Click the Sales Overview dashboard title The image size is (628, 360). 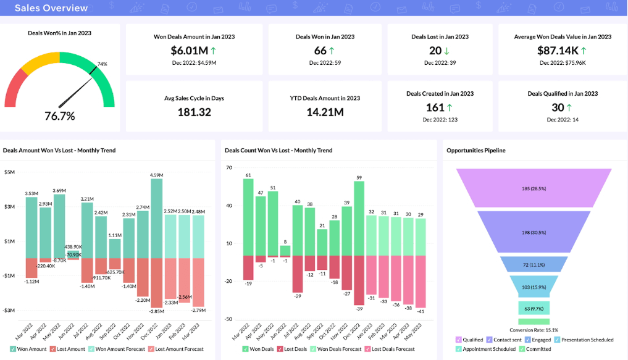tap(51, 8)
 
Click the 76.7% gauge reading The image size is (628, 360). tap(60, 116)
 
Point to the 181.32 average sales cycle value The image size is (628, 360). tap(194, 112)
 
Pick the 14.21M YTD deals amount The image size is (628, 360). tap(325, 112)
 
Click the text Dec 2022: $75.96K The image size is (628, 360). tap(563, 63)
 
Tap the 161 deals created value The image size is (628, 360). tap(435, 107)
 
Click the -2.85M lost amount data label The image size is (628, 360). tap(157, 312)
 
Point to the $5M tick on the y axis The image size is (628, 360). tap(9, 172)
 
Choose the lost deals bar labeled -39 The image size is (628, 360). tap(359, 280)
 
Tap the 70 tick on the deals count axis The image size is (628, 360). tap(228, 167)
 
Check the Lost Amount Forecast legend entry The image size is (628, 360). tap(175, 349)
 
